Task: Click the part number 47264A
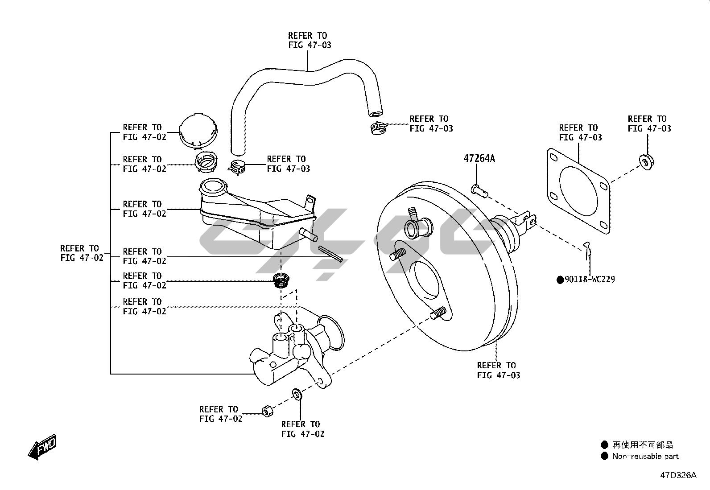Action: (479, 158)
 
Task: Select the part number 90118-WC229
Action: (590, 280)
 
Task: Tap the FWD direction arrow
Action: (42, 447)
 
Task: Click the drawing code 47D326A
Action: (678, 475)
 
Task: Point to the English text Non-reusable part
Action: (645, 456)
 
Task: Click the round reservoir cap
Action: (198, 131)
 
